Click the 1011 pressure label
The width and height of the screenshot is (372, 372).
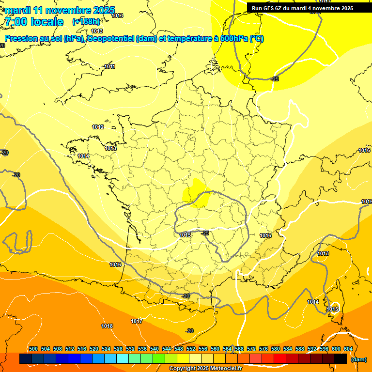[109, 66]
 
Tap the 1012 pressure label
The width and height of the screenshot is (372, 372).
[98, 127]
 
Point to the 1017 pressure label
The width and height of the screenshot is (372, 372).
[137, 321]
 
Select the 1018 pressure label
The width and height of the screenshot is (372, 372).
[107, 326]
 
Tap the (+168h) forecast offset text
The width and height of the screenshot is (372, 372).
[86, 21]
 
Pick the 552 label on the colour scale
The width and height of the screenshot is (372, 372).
[191, 349]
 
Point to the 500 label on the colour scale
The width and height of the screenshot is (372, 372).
[33, 349]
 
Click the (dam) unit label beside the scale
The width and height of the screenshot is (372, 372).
[358, 359]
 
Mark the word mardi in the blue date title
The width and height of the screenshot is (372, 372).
[18, 10]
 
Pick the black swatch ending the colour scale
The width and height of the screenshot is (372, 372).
[341, 359]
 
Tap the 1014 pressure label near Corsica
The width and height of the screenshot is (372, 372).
[313, 302]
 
